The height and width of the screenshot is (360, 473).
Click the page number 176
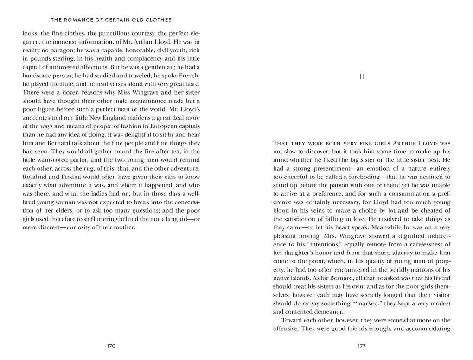(111, 346)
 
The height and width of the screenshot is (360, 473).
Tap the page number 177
(362, 346)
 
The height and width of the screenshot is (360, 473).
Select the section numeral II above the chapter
(362, 76)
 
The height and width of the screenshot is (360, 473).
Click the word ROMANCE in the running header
(85, 20)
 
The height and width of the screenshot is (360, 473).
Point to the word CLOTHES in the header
(158, 20)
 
